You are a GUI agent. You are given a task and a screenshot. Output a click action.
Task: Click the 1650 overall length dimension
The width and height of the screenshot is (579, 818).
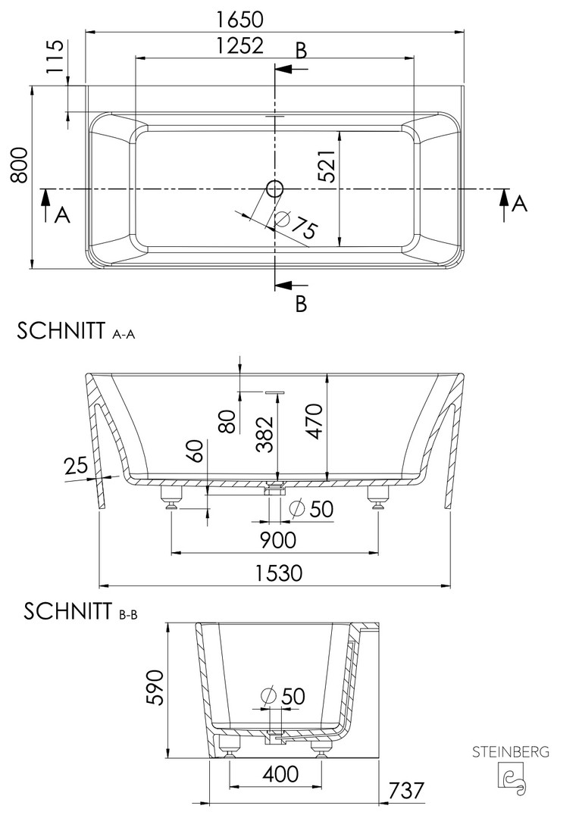(x=240, y=19)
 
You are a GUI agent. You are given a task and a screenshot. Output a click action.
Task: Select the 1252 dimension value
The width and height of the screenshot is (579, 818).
(x=240, y=46)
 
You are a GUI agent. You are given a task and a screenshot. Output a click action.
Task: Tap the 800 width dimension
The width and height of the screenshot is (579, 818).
(x=19, y=165)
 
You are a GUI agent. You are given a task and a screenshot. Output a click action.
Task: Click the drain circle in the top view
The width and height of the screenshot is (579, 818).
(x=274, y=189)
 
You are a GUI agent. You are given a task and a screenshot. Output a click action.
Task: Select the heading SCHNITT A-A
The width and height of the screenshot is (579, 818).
(x=77, y=331)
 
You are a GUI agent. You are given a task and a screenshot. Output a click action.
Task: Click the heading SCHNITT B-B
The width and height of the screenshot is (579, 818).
(x=80, y=611)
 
